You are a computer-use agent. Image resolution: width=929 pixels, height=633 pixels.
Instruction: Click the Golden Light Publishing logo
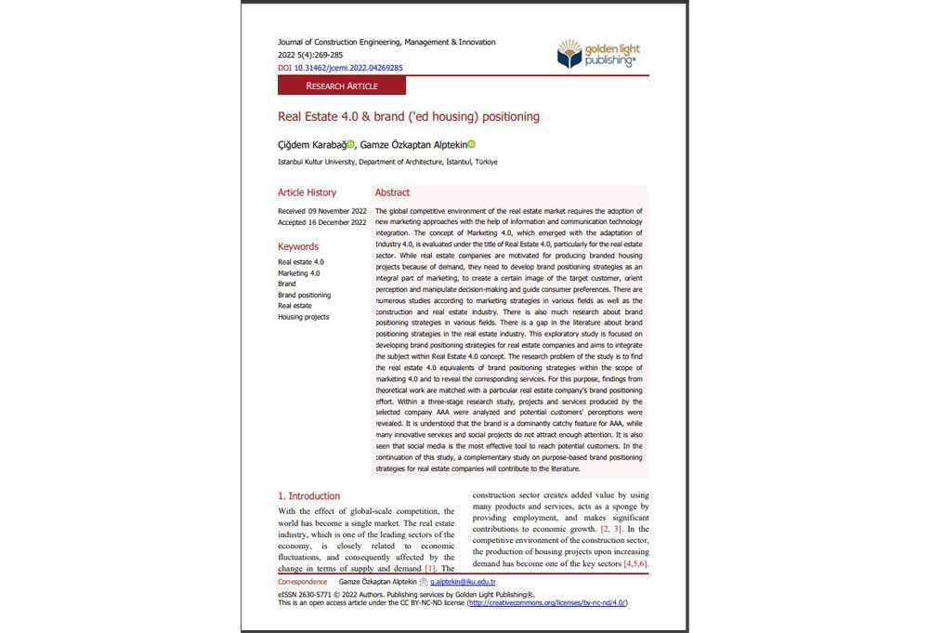(598, 54)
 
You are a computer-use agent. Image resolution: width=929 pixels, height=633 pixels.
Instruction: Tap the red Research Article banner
(342, 86)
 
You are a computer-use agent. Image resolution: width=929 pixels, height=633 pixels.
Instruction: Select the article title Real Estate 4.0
(408, 117)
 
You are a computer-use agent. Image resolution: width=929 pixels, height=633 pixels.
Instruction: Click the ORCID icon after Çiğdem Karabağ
(351, 144)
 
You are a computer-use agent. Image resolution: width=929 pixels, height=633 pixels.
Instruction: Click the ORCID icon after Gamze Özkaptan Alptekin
(471, 144)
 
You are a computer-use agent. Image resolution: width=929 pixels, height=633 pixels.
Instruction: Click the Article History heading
(307, 192)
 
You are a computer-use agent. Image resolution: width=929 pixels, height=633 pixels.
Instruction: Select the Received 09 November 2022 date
(321, 211)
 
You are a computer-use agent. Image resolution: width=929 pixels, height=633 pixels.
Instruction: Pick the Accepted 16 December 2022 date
(321, 223)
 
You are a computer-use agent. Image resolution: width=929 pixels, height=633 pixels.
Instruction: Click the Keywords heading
(297, 246)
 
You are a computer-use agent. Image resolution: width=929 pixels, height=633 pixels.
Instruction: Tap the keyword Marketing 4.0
(298, 273)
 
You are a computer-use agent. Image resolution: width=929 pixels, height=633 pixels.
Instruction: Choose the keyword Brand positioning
(304, 295)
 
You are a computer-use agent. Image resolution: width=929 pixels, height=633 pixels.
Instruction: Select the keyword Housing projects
(303, 317)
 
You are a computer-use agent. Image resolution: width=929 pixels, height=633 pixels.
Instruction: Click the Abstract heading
(392, 192)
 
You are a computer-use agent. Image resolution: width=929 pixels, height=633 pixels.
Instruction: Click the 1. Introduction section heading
(309, 496)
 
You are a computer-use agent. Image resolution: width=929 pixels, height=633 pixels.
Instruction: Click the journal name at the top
(386, 42)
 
